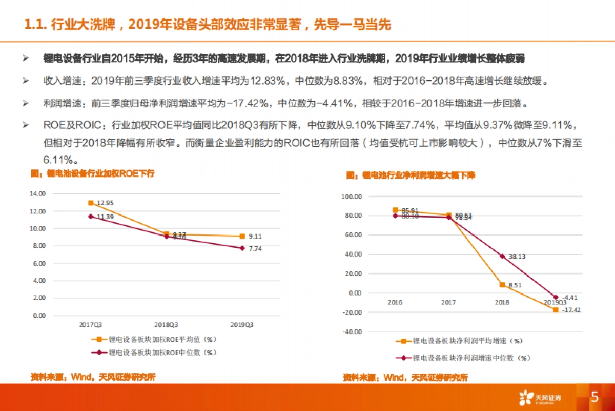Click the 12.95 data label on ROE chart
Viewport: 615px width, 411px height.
(x=105, y=203)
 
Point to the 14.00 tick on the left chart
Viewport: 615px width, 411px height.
(x=38, y=194)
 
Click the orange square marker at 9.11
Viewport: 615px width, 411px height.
(x=242, y=237)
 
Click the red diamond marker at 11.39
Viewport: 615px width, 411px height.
(x=91, y=217)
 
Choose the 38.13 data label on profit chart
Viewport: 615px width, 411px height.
(x=517, y=256)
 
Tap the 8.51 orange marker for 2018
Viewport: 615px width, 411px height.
(x=503, y=285)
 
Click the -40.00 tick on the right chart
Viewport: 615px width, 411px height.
(x=352, y=332)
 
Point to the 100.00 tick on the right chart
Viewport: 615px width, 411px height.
(x=351, y=197)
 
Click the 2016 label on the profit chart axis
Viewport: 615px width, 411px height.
(x=395, y=303)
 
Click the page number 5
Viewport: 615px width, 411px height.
(x=594, y=397)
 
